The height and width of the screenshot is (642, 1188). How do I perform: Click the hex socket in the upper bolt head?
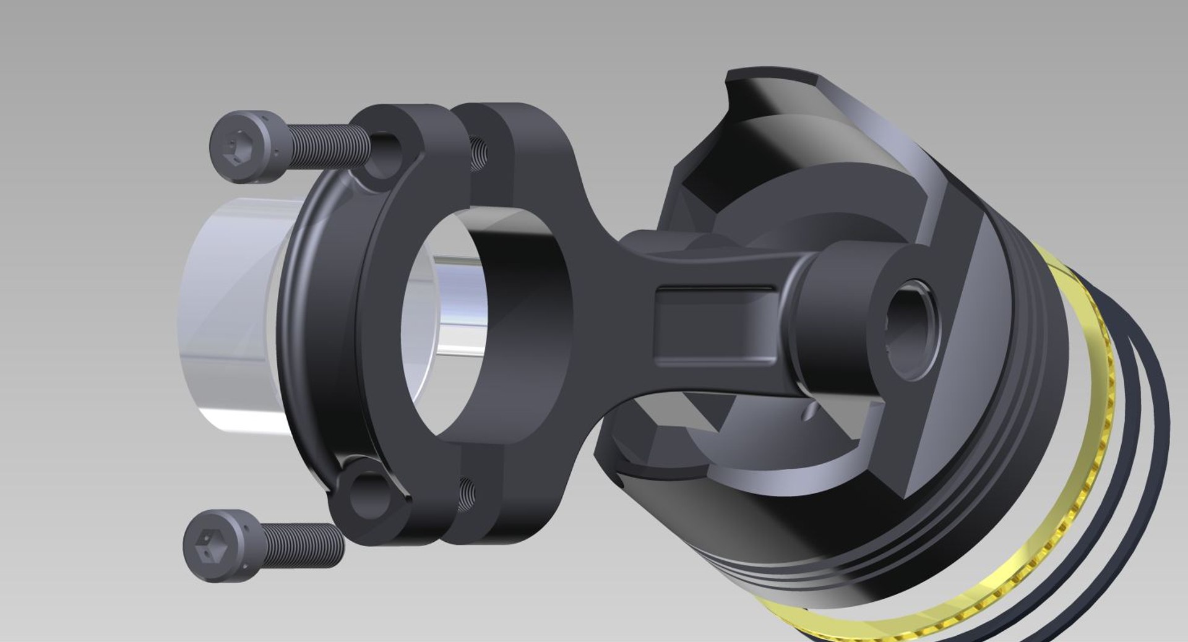click(x=234, y=149)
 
